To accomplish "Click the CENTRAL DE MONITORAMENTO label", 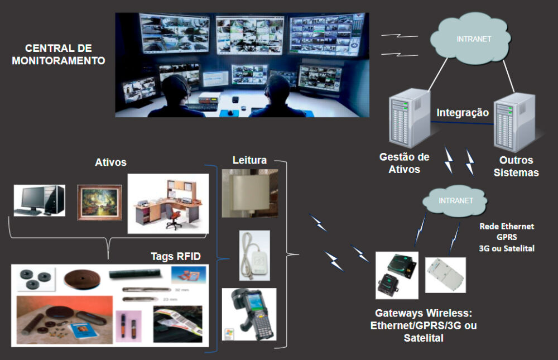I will coord(58,55).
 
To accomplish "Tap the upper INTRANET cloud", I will coord(466,40).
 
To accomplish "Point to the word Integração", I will coord(463,113).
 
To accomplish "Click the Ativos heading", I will coord(110,162).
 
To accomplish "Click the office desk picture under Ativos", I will coord(167,203).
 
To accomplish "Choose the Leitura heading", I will coord(249,160).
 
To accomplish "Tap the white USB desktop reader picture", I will coord(254,255).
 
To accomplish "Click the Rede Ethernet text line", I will coord(507,227).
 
